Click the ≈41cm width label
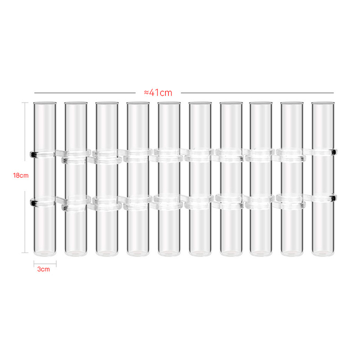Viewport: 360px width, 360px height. pyautogui.click(x=158, y=93)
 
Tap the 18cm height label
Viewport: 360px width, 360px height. pyautogui.click(x=21, y=175)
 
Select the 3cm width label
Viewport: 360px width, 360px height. pyautogui.click(x=44, y=270)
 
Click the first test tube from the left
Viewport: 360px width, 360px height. pyautogui.click(x=45, y=180)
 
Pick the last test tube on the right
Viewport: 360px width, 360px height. pyautogui.click(x=324, y=180)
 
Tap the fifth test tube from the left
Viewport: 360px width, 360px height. pyautogui.click(x=169, y=180)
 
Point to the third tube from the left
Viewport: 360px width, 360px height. pyautogui.click(x=107, y=180)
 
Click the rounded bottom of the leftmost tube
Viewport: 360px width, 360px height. pyautogui.click(x=45, y=253)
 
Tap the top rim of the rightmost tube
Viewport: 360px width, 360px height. pyautogui.click(x=324, y=103)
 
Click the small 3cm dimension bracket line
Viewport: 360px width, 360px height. pyautogui.click(x=45, y=262)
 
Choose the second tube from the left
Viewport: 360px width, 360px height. pyautogui.click(x=76, y=180)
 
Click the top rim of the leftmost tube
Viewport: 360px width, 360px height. pyautogui.click(x=45, y=103)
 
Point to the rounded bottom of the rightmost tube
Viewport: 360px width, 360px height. pyautogui.click(x=324, y=253)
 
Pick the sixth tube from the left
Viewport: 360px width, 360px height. pyautogui.click(x=200, y=180)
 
